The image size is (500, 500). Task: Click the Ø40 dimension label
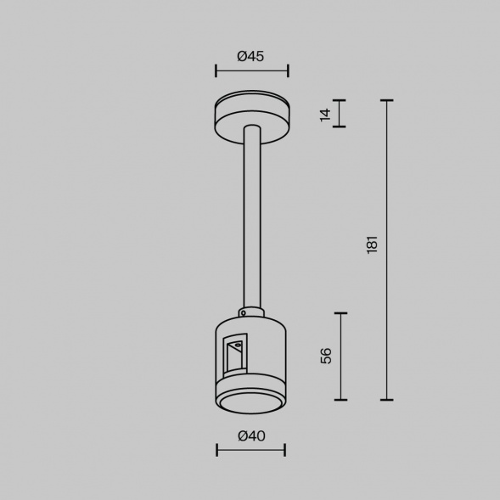click(x=250, y=435)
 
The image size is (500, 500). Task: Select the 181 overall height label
click(x=372, y=247)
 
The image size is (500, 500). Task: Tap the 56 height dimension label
click(x=326, y=355)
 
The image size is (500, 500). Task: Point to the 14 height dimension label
click(x=325, y=114)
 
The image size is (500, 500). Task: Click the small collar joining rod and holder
click(x=251, y=312)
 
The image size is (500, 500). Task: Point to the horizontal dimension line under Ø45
click(x=251, y=70)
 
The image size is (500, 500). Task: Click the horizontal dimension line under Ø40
click(x=251, y=450)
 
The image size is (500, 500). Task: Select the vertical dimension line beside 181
click(x=388, y=250)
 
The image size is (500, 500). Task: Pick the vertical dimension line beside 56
click(x=341, y=356)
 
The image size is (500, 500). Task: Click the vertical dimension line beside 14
click(x=341, y=114)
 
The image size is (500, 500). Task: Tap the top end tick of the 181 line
click(x=388, y=100)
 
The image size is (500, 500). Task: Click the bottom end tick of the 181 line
click(x=388, y=399)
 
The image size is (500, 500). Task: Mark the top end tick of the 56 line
click(x=341, y=312)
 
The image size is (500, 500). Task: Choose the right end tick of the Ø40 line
click(x=285, y=450)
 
